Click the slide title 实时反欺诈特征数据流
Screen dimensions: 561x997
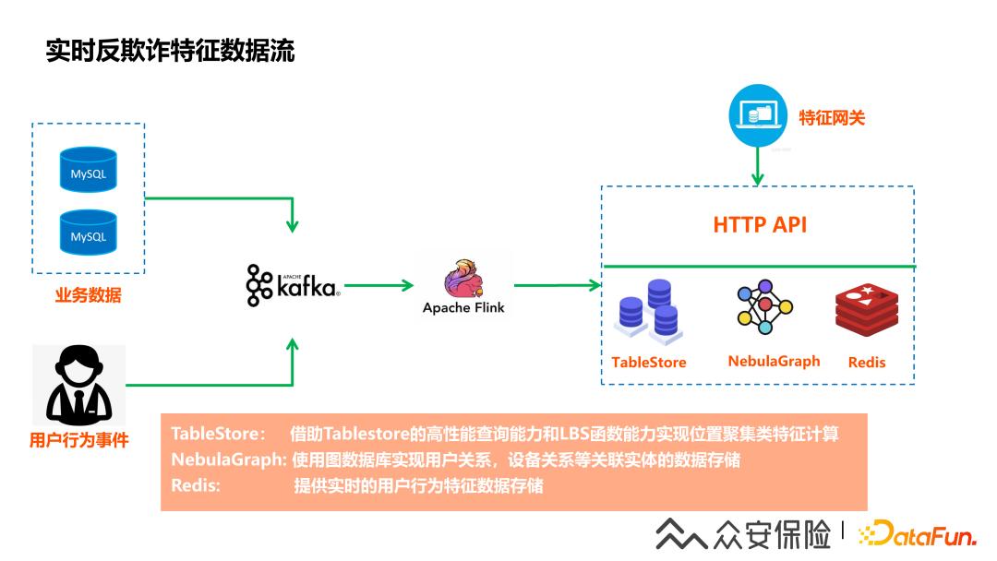(x=171, y=51)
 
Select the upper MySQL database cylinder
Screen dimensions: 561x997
(x=89, y=170)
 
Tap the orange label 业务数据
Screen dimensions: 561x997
(x=89, y=296)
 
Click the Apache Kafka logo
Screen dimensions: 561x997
(x=293, y=285)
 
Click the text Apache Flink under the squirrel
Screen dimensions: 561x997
(x=463, y=308)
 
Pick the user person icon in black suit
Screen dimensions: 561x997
(x=78, y=385)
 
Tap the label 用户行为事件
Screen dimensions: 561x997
(x=78, y=441)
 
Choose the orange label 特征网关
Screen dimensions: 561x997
(x=832, y=117)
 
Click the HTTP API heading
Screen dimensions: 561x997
(x=760, y=224)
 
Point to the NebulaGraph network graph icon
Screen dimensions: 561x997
(x=765, y=309)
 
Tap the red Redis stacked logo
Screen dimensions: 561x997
(x=866, y=310)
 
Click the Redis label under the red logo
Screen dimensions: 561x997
(x=866, y=363)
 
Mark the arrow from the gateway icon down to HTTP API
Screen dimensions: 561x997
(x=758, y=166)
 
